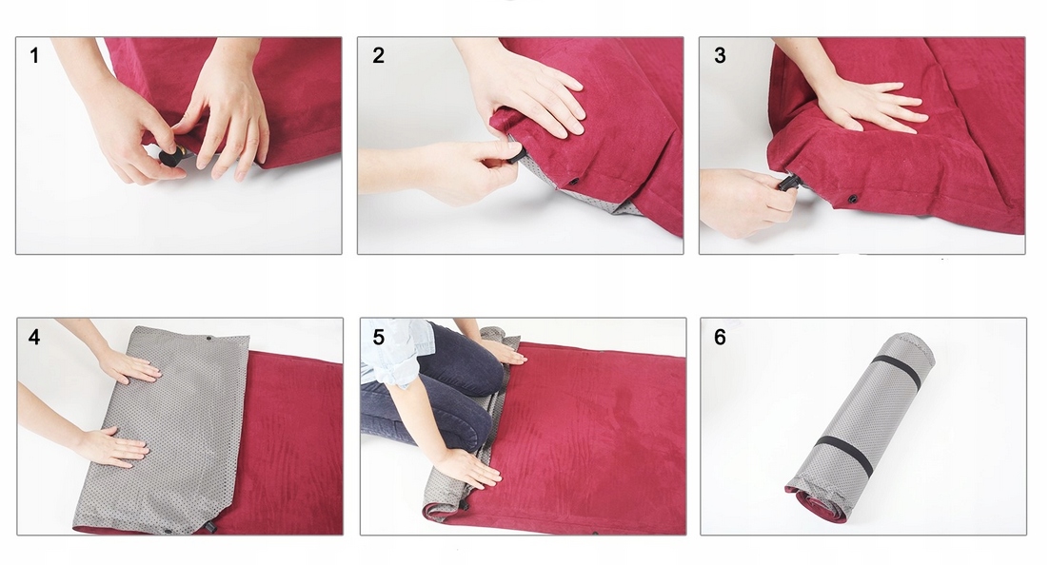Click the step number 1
point(34,55)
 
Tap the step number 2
point(378,55)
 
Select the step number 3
point(720,55)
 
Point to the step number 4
point(34,337)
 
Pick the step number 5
point(378,337)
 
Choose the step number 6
point(720,337)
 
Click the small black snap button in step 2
point(573,182)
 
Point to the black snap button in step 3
point(852,198)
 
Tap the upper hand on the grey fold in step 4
point(129,365)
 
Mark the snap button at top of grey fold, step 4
point(208,339)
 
